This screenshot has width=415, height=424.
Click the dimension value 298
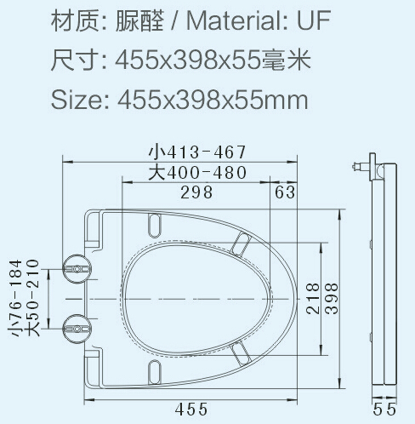pyautogui.click(x=196, y=192)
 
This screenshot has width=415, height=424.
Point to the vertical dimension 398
pyautogui.click(x=333, y=298)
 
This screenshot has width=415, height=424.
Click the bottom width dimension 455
pyautogui.click(x=191, y=409)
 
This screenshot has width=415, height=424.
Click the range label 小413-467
pyautogui.click(x=196, y=152)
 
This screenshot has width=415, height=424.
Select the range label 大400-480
pyautogui.click(x=197, y=173)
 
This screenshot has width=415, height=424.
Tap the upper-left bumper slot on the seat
pyautogui.click(x=156, y=223)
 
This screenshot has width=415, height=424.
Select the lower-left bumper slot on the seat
pyautogui.click(x=156, y=370)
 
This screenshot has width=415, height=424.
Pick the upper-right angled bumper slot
pyautogui.click(x=241, y=245)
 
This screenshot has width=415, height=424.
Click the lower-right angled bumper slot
pyautogui.click(x=241, y=350)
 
